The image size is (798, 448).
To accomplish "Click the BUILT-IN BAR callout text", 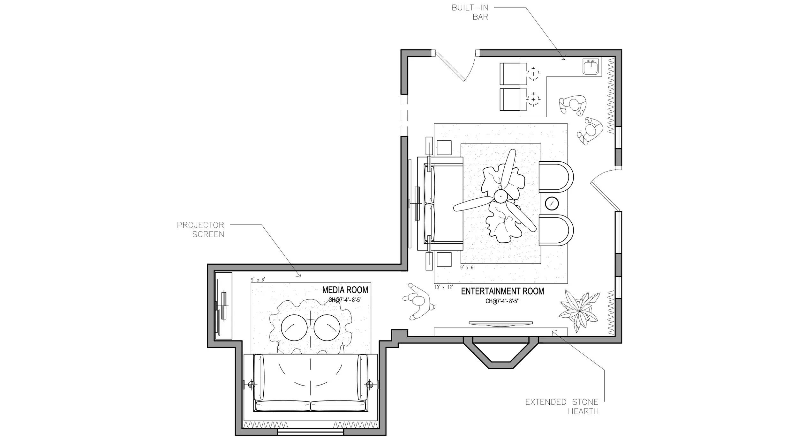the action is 470,12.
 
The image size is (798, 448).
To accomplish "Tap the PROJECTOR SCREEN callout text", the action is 200,230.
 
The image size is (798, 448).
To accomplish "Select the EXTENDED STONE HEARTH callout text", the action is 562,407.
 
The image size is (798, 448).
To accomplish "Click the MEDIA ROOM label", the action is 345,290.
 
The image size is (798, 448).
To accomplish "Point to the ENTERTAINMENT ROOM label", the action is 502,291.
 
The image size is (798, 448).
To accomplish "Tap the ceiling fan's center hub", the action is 501,196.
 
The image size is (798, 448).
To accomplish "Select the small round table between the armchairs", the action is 552,203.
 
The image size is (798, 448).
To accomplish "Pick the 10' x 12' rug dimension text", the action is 444,287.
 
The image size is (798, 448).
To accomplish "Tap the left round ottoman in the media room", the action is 294,328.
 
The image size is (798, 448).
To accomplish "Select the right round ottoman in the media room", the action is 327,328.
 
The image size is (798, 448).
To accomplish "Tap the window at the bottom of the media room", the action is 311,432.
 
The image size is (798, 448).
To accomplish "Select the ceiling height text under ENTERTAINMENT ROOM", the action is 502,301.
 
